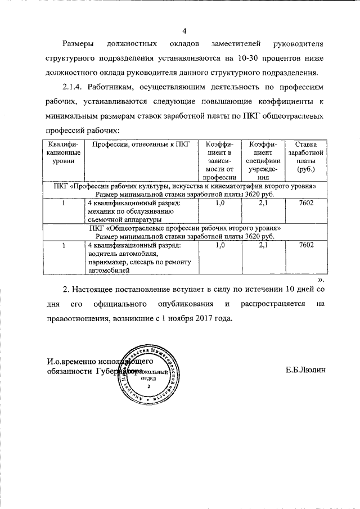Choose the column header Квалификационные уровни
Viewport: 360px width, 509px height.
[x=64, y=153]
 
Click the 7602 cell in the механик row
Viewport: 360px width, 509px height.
[x=306, y=203]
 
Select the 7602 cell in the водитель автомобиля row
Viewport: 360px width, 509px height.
[x=306, y=245]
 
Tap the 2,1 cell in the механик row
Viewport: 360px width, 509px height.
[x=262, y=203]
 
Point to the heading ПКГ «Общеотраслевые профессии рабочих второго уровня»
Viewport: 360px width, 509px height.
[x=184, y=228]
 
